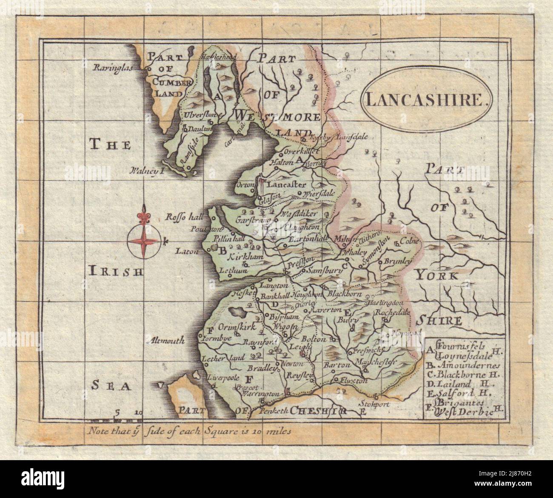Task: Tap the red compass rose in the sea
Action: click(145, 242)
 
